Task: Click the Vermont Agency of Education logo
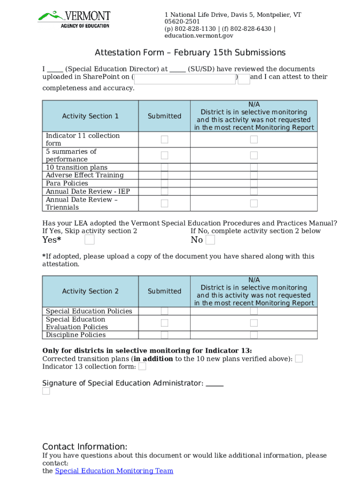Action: pyautogui.click(x=74, y=19)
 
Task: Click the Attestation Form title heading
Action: pyautogui.click(x=190, y=52)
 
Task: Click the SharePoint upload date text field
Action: pyautogui.click(x=185, y=79)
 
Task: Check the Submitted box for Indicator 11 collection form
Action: pyautogui.click(x=165, y=139)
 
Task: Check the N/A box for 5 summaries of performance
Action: pyautogui.click(x=254, y=155)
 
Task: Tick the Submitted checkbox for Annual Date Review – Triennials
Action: pyautogui.click(x=165, y=203)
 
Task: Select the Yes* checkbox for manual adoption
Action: pyautogui.click(x=89, y=240)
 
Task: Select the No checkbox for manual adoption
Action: pyautogui.click(x=210, y=240)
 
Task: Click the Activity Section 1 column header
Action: pyautogui.click(x=90, y=116)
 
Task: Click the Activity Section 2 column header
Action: pyautogui.click(x=90, y=291)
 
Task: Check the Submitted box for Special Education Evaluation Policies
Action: pyautogui.click(x=165, y=323)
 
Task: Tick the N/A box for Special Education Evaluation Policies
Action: pyautogui.click(x=254, y=323)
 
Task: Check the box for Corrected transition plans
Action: pyautogui.click(x=299, y=359)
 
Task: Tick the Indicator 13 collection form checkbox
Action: pyautogui.click(x=142, y=367)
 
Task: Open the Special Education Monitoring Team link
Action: pyautogui.click(x=114, y=471)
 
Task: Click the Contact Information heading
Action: pyautogui.click(x=85, y=446)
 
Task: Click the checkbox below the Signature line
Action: pyautogui.click(x=46, y=391)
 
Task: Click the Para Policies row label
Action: pyautogui.click(x=67, y=183)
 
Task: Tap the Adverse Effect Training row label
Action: pyautogui.click(x=85, y=175)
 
